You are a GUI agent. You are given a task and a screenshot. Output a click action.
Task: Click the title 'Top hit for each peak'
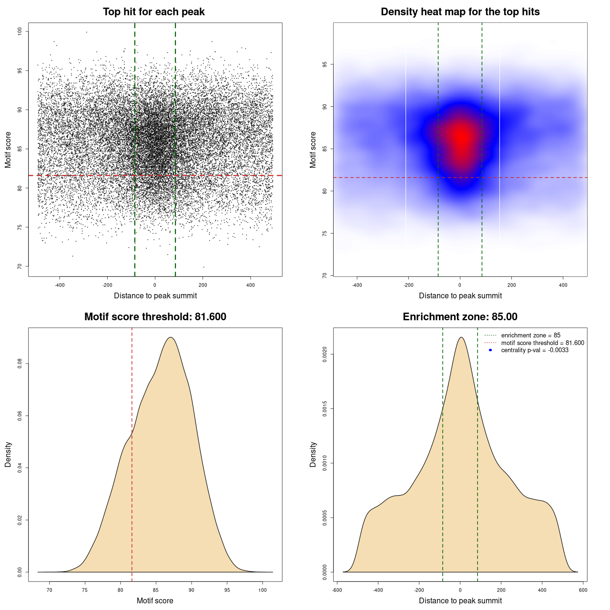coord(153,12)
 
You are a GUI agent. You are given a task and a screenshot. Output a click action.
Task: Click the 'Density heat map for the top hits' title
coord(460,12)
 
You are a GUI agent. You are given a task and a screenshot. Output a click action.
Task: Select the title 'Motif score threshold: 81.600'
coord(155,317)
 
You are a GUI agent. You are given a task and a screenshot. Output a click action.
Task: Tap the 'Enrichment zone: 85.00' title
coord(460,317)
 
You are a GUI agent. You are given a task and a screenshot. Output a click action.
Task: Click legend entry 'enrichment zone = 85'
coord(530,335)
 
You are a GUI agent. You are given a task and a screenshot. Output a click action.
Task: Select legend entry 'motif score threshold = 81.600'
coord(542,343)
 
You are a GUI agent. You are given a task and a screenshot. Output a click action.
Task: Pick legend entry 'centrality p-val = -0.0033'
coord(535,350)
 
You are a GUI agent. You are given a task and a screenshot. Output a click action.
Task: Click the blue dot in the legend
coord(490,350)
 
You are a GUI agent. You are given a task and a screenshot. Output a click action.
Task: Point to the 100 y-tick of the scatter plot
coord(20,31)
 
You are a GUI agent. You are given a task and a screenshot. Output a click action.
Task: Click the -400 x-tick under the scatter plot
coord(60,285)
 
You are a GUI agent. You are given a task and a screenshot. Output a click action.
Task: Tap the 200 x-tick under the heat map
coord(511,285)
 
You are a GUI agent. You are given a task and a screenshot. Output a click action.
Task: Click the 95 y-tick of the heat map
coord(325,64)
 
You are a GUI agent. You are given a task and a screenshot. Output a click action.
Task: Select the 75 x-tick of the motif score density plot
coord(85,590)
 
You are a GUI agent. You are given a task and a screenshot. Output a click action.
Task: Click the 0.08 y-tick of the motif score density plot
coord(20,364)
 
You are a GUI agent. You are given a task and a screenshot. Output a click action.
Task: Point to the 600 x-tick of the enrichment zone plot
coord(583,590)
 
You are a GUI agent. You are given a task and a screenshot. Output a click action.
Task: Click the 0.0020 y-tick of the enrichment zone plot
coord(325,355)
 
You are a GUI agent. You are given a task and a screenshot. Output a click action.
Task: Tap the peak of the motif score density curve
coord(171,337)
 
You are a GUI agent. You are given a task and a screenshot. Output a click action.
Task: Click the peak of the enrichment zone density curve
coord(460,337)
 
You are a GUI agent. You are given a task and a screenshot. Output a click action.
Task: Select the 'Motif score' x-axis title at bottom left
coord(155,600)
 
